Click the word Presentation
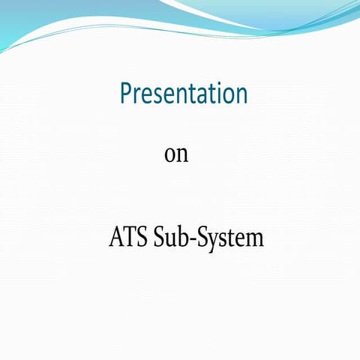[184, 94]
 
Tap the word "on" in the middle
[175, 154]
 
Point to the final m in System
[254, 240]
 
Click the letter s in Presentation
[159, 96]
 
